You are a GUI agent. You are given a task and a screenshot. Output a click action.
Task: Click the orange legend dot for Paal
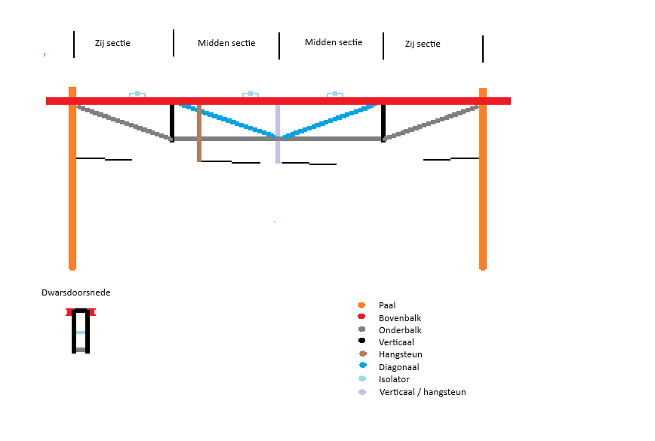(x=361, y=305)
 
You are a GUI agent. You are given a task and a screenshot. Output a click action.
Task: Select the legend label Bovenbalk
(x=400, y=318)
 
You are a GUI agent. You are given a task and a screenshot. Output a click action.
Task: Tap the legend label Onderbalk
(x=400, y=330)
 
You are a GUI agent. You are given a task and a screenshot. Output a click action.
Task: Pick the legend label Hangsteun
(x=400, y=354)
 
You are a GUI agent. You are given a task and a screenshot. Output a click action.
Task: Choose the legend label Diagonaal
(x=399, y=367)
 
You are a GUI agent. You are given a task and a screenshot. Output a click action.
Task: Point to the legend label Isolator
(x=394, y=379)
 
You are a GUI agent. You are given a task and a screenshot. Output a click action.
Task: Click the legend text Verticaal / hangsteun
(x=423, y=392)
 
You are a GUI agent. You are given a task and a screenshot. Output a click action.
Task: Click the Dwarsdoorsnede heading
(x=76, y=292)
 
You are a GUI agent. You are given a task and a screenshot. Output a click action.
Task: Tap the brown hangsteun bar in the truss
(x=199, y=133)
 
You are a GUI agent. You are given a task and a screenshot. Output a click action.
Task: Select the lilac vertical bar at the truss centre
(x=278, y=133)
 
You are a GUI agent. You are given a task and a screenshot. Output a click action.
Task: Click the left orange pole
(x=72, y=178)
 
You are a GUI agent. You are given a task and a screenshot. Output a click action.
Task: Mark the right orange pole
(x=483, y=179)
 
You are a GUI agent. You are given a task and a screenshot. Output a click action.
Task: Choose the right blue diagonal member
(x=330, y=121)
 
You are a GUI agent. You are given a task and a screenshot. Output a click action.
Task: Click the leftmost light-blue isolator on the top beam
(x=137, y=94)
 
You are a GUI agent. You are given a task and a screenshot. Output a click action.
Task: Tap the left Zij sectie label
(x=112, y=44)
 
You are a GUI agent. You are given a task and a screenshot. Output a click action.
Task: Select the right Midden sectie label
(x=334, y=42)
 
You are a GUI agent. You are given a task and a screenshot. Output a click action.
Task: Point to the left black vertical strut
(x=172, y=123)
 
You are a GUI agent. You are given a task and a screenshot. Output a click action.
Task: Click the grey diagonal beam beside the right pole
(x=431, y=122)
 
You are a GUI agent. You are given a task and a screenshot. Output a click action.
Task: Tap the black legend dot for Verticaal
(x=361, y=341)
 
